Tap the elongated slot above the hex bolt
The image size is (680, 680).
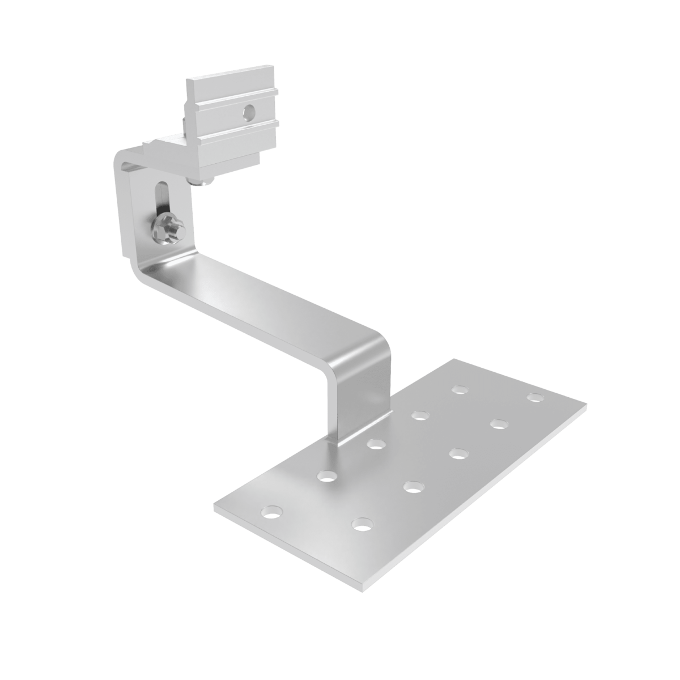160,195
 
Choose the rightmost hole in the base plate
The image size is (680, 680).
534,396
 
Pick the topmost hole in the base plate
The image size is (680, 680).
460,389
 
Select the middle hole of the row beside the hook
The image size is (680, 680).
373,444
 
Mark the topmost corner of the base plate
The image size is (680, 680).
453,359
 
